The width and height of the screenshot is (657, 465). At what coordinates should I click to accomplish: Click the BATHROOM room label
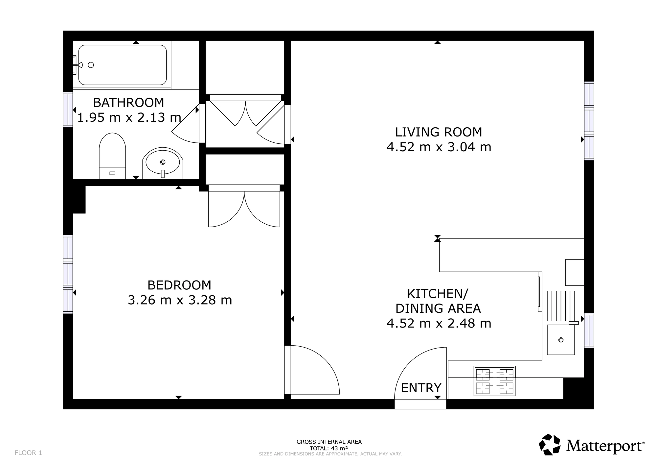coord(128,103)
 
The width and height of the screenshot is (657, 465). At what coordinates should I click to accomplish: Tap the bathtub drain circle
coord(91,65)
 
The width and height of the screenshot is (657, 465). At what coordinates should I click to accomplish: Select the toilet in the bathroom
coord(112,156)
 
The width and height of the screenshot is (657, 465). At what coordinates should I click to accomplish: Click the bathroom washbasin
coord(163,163)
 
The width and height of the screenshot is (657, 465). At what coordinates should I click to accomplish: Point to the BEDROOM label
coord(179,285)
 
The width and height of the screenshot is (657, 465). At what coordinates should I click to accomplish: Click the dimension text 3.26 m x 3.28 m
coord(180,300)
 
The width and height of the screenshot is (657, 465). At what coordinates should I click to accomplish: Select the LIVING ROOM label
coord(439,132)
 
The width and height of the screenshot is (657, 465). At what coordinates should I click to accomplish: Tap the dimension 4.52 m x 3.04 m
coord(439,147)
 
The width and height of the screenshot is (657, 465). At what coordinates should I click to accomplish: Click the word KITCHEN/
coord(438,293)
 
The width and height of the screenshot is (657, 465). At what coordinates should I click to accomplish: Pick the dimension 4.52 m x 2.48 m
coord(439,324)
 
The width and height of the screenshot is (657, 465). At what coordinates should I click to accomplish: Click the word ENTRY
coord(421,388)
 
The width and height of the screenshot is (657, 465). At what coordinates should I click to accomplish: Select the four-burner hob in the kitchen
coord(495,381)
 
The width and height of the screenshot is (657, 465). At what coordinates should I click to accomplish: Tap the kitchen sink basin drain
coord(561,340)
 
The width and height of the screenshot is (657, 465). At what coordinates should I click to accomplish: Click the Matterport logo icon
coord(550,445)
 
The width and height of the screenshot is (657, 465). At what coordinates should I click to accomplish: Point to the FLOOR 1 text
coord(28,453)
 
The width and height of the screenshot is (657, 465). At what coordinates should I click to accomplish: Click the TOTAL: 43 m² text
coord(329,448)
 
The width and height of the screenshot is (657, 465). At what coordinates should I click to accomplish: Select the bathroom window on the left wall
coord(68,110)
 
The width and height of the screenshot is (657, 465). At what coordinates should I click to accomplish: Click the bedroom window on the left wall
coord(68,274)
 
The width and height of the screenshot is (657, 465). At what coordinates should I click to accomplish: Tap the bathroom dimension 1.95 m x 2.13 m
coord(129,117)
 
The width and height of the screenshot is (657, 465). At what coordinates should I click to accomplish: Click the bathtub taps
coord(77,65)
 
